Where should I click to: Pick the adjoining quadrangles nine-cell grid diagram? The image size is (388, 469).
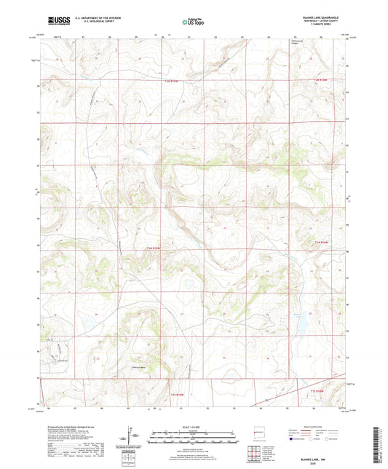point(256,451)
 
